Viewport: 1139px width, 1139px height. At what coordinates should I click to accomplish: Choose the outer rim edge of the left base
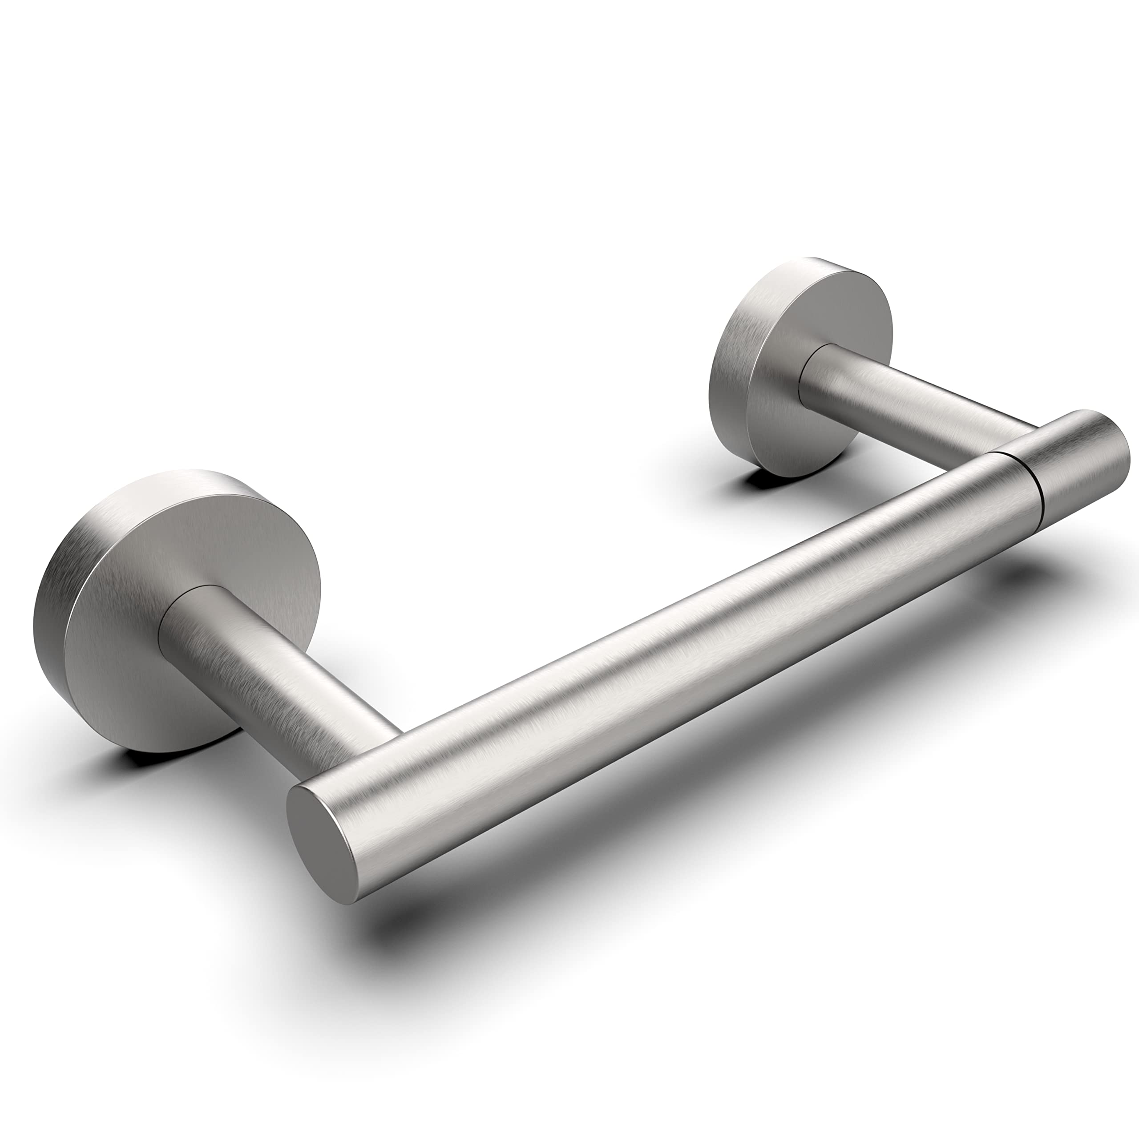(47, 590)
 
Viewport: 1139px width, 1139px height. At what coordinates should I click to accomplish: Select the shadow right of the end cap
(1050, 566)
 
